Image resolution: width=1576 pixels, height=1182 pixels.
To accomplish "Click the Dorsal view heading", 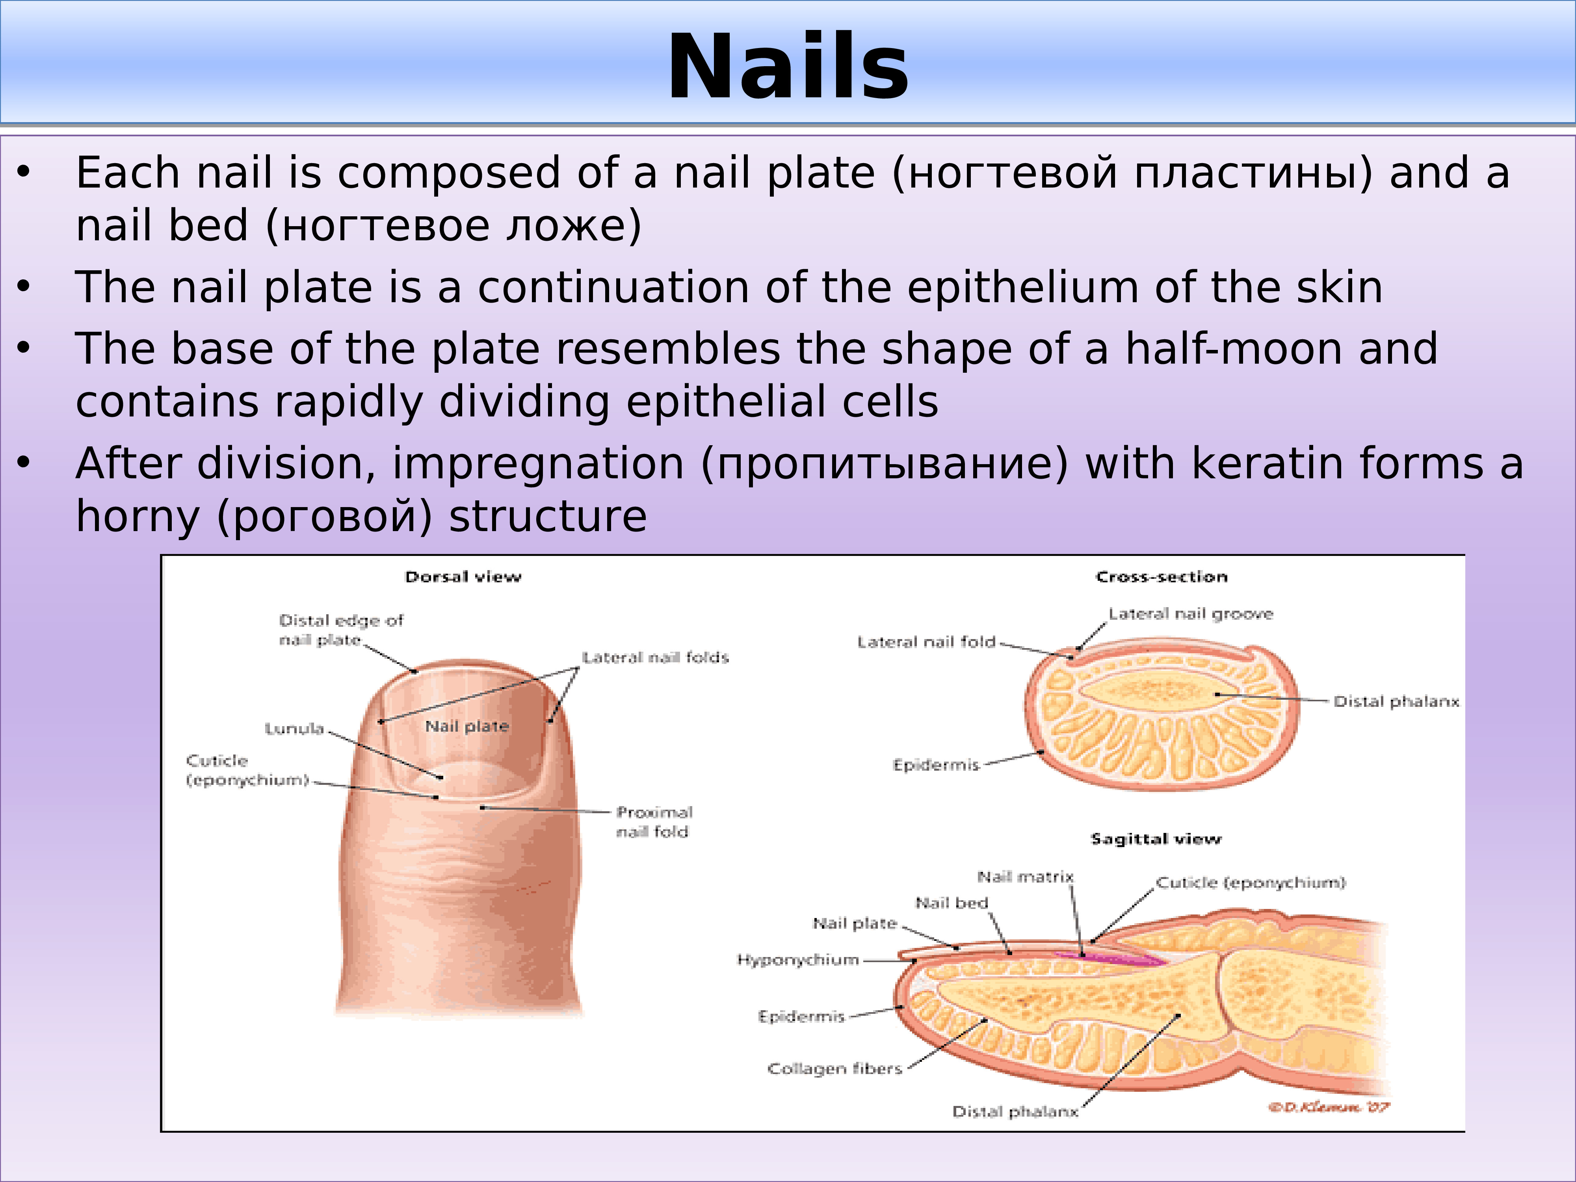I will pyautogui.click(x=463, y=577).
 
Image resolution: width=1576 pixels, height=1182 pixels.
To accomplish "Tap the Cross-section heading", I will pyautogui.click(x=1162, y=577).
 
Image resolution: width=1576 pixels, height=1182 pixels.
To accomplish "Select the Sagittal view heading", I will pyautogui.click(x=1156, y=839).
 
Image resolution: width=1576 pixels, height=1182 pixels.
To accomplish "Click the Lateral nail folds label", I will pyautogui.click(x=656, y=658).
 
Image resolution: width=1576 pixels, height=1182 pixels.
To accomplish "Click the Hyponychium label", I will pyautogui.click(x=797, y=960).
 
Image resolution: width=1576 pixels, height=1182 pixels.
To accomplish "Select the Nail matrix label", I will pyautogui.click(x=1024, y=877).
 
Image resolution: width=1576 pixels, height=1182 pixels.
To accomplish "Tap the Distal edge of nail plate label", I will pyautogui.click(x=340, y=630).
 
